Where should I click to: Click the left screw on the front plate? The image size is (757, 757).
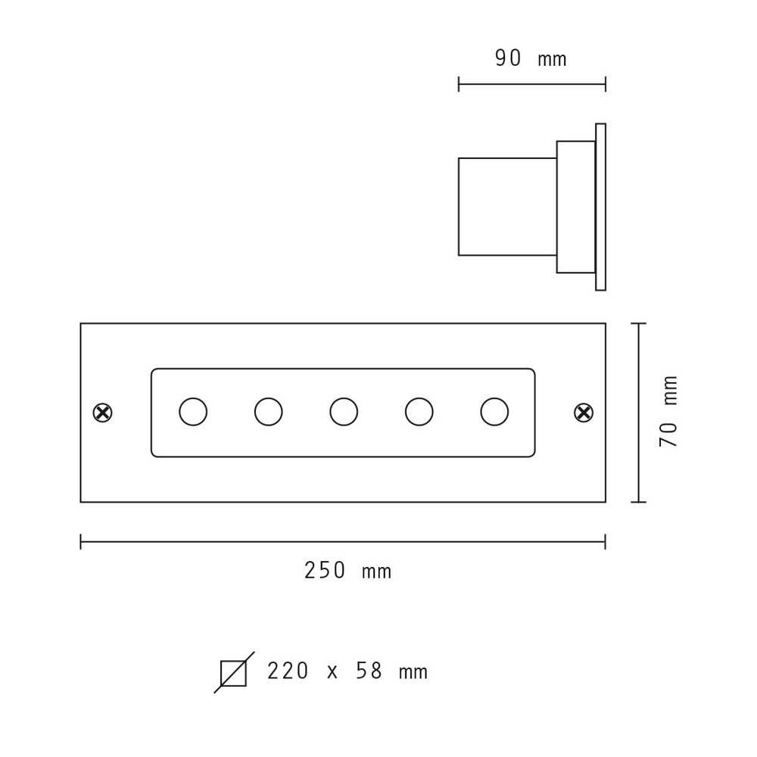point(102,413)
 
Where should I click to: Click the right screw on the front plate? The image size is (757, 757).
point(584,413)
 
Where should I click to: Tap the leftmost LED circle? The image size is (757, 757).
point(193,412)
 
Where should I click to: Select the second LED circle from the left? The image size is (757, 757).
point(269,412)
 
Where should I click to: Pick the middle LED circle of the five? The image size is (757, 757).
point(344,412)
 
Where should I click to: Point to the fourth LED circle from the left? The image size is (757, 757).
point(419,412)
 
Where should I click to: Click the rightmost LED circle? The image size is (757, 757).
point(494,412)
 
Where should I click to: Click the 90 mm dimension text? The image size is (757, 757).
point(531,58)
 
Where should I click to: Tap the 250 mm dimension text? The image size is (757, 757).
point(347,570)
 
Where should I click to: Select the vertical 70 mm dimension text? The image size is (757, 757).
point(668,411)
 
